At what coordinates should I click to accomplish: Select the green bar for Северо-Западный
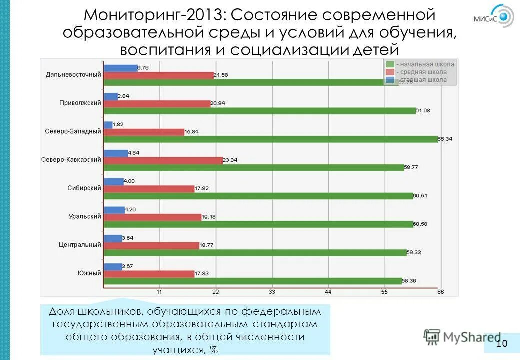pos(270,139)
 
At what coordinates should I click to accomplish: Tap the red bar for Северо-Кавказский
pos(163,160)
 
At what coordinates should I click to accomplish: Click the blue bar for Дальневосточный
pos(120,68)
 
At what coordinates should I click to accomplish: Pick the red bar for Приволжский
pos(157,104)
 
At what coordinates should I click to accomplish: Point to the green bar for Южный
pos(252,281)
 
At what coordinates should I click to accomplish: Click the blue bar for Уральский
pos(114,210)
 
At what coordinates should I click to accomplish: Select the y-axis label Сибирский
pos(84,188)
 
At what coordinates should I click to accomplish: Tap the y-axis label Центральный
pos(80,245)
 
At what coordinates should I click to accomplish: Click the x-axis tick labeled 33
pos(272,292)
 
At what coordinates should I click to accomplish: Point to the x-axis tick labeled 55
pos(384,292)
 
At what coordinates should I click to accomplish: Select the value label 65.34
pos(444,139)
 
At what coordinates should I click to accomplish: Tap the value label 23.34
pos(230,160)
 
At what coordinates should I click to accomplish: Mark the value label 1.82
pos(119,124)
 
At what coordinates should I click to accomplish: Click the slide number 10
pos(501,343)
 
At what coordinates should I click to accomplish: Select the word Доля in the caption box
pos(62,311)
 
